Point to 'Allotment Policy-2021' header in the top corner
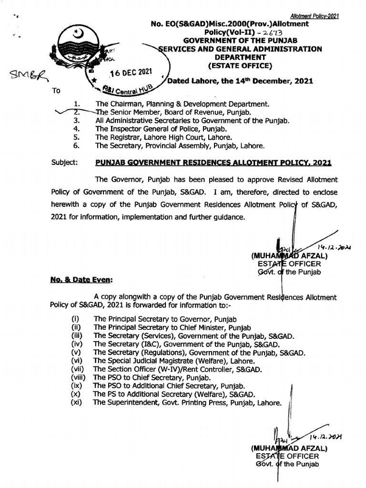coord(315,16)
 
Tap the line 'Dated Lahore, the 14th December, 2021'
coord(240,81)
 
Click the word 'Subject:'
coord(64,163)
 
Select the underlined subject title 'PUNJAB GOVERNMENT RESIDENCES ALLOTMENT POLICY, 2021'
coord(213,163)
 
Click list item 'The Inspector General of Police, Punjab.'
coord(161,129)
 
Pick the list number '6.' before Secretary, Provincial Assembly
coord(77,146)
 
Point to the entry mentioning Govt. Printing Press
coord(187,403)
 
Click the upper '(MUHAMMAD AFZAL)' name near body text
coord(289,255)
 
